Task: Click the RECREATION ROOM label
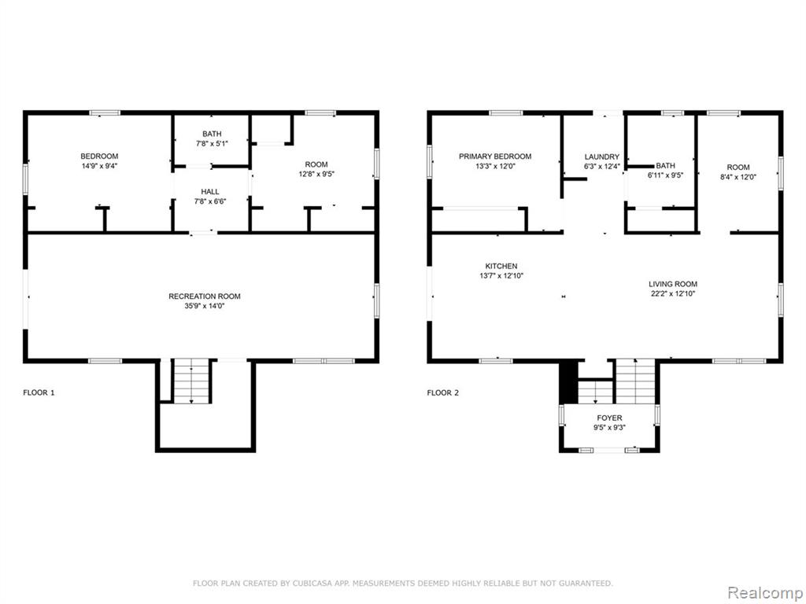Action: point(205,296)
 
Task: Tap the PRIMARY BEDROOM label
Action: point(495,157)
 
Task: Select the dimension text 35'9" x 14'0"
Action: point(205,306)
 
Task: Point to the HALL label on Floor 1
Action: point(210,192)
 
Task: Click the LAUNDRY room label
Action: point(602,157)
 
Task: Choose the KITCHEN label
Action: point(501,266)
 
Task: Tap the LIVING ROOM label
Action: point(673,284)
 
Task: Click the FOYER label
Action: point(609,418)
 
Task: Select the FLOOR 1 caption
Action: point(39,393)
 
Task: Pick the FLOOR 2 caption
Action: point(442,393)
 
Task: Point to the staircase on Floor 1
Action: point(191,381)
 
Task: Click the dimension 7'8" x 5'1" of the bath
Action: point(212,144)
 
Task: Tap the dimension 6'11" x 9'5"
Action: point(665,175)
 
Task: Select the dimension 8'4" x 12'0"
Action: point(738,177)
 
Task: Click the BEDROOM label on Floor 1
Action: point(99,157)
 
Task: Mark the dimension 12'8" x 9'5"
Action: point(316,174)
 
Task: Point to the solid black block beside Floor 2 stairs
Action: point(568,383)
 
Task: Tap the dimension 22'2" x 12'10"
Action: point(673,294)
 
